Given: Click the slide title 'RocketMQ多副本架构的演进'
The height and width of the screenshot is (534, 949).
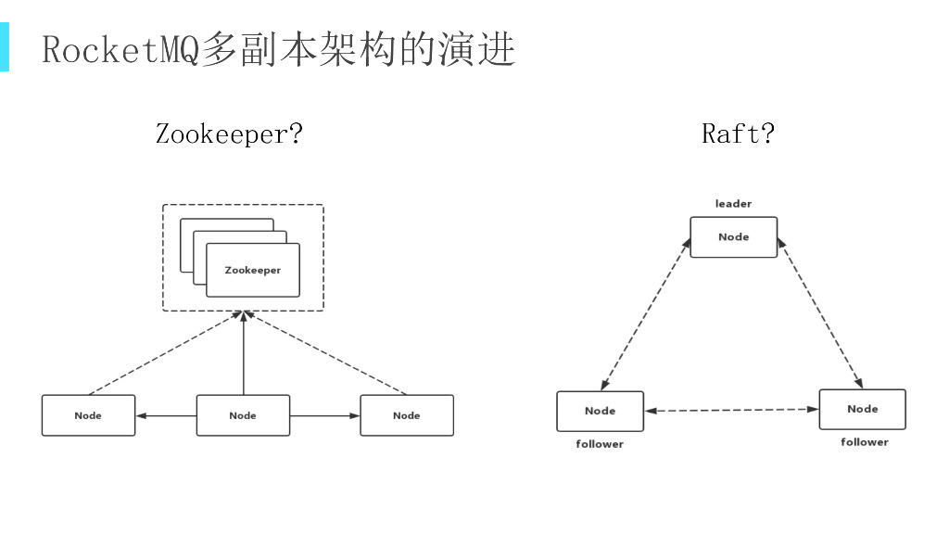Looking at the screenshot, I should pyautogui.click(x=278, y=49).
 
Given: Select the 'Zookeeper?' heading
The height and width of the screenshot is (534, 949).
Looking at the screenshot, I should pyautogui.click(x=229, y=134).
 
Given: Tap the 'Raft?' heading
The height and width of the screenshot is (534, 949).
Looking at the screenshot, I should pyautogui.click(x=738, y=134).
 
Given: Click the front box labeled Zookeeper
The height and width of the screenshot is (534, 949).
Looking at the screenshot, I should pyautogui.click(x=253, y=270).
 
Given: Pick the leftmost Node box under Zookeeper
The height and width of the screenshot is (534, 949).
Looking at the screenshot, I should pyautogui.click(x=88, y=415).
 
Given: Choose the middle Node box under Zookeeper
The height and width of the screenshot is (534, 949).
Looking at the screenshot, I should pyautogui.click(x=243, y=415).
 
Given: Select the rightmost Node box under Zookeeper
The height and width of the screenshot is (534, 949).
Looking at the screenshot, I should pyautogui.click(x=407, y=415).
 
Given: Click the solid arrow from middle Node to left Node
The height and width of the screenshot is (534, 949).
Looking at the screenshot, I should pyautogui.click(x=166, y=415).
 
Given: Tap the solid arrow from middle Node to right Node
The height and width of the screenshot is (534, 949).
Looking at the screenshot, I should pyautogui.click(x=324, y=415).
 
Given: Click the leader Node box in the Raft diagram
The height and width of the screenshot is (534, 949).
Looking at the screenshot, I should pyautogui.click(x=733, y=237).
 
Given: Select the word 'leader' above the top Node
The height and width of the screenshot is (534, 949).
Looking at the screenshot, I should pyautogui.click(x=733, y=204).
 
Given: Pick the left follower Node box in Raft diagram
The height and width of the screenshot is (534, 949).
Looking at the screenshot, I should pyautogui.click(x=600, y=411).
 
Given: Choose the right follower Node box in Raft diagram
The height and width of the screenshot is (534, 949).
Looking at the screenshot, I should pyautogui.click(x=862, y=409).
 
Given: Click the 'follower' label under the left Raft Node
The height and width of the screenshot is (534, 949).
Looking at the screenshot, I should pyautogui.click(x=600, y=444).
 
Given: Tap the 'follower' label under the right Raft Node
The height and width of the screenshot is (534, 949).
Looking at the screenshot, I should pyautogui.click(x=865, y=442).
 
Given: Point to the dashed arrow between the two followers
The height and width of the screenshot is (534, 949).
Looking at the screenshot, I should pyautogui.click(x=731, y=410).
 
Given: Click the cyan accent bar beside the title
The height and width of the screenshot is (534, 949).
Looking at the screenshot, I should pyautogui.click(x=5, y=48).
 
